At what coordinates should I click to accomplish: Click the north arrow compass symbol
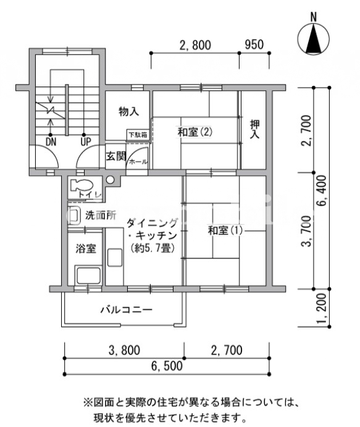(314, 38)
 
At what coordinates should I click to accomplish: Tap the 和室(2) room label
(195, 132)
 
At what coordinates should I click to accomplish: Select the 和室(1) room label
(225, 230)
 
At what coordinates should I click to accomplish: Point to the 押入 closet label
(254, 129)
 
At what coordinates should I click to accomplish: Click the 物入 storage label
(128, 111)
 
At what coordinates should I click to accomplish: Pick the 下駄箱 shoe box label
(138, 135)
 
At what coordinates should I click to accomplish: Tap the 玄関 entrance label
(116, 156)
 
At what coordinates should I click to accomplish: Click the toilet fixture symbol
(82, 185)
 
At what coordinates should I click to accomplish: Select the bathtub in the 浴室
(88, 276)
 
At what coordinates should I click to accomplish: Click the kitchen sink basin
(115, 257)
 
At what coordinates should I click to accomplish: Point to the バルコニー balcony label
(127, 310)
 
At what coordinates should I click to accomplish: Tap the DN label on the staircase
(51, 142)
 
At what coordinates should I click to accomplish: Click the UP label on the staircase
(86, 142)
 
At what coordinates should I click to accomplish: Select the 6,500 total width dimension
(167, 366)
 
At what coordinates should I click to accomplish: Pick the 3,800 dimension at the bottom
(124, 350)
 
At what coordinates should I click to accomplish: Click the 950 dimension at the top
(254, 44)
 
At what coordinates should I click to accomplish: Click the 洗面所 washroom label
(101, 215)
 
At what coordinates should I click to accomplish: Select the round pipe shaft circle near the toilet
(110, 180)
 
